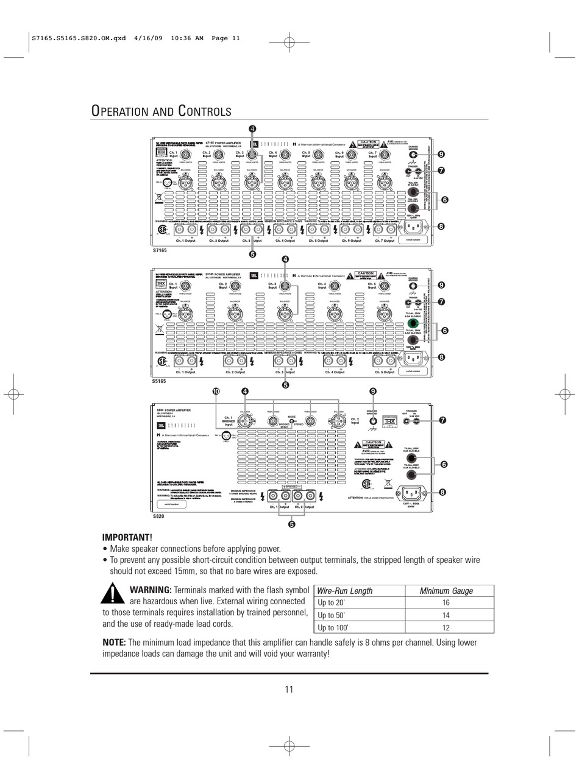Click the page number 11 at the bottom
(289, 689)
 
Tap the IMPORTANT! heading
(127, 537)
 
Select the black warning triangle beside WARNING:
(113, 593)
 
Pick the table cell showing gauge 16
(446, 603)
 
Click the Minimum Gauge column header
(446, 591)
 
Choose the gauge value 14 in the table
(446, 615)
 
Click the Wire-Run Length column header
(345, 591)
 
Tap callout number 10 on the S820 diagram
(215, 391)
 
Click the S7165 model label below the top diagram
(159, 251)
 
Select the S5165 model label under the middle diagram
(159, 381)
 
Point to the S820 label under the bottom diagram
(158, 516)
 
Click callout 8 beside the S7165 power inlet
(441, 227)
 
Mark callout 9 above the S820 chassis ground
(373, 391)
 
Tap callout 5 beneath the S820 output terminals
(291, 524)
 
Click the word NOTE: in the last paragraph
(114, 643)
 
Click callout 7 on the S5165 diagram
(441, 301)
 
